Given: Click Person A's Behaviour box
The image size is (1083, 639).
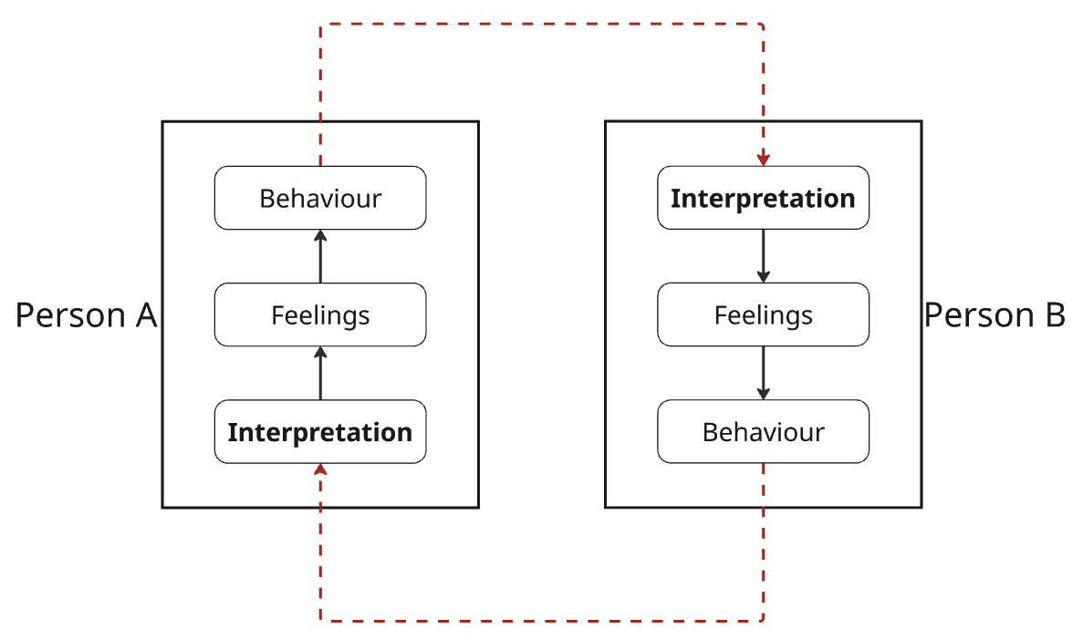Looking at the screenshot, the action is point(320,198).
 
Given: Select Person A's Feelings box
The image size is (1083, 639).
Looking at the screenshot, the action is point(320,314).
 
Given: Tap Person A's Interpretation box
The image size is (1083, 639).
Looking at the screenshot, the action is point(320,432).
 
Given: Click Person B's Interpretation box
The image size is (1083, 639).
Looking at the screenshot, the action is point(764,198).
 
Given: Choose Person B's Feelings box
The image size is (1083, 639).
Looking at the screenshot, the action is point(764,314).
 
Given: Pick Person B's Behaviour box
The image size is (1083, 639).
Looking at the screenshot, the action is point(764,432).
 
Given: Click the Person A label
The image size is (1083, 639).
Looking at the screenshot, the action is point(87,315).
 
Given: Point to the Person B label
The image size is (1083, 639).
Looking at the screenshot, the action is point(994,315).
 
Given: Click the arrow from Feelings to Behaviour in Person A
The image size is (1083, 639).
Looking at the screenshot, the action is point(320,256).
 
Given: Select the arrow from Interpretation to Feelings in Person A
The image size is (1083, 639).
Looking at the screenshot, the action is point(320,374).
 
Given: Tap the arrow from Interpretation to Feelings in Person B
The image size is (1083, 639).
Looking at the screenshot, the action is point(764,256).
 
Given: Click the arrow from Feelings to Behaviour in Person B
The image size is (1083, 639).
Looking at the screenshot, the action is point(764,374).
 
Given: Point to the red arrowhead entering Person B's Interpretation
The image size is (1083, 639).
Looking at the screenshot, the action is point(764,160).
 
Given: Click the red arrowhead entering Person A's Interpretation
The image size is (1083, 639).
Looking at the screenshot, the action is point(320,470).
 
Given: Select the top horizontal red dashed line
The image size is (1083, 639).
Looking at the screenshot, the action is point(542,25).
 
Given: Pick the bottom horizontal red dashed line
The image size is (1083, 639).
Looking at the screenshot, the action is point(542,621).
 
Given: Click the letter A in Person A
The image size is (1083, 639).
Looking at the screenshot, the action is point(146,315).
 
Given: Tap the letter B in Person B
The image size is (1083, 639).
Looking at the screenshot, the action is point(1056,315).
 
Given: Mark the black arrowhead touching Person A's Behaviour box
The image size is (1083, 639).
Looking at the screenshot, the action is point(320,236).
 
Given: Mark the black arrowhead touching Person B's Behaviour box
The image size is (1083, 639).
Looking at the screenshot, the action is point(764,394).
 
